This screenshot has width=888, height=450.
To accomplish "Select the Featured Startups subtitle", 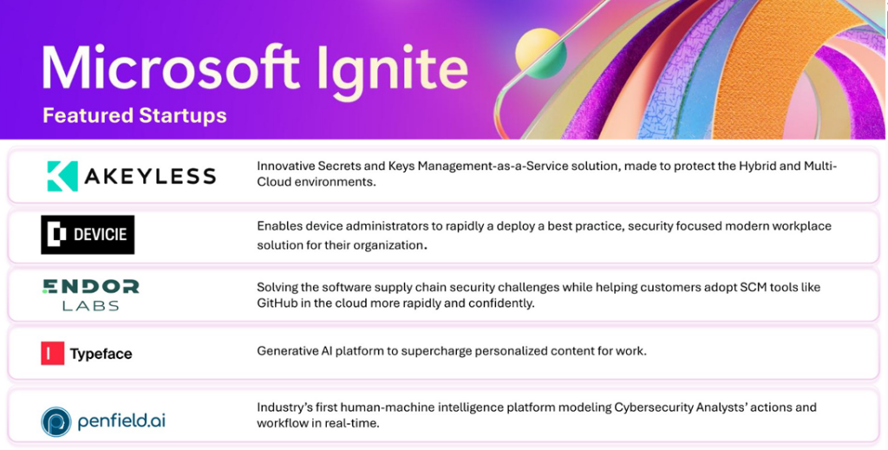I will pos(134,115).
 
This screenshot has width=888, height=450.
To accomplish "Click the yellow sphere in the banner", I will pos(540,52).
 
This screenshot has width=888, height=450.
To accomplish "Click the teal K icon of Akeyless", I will pos(62,177).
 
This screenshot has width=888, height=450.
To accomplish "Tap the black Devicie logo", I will pos(88,235).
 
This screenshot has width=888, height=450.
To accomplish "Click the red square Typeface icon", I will pos(53,354).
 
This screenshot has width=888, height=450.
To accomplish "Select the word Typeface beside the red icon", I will pos(101,354).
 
